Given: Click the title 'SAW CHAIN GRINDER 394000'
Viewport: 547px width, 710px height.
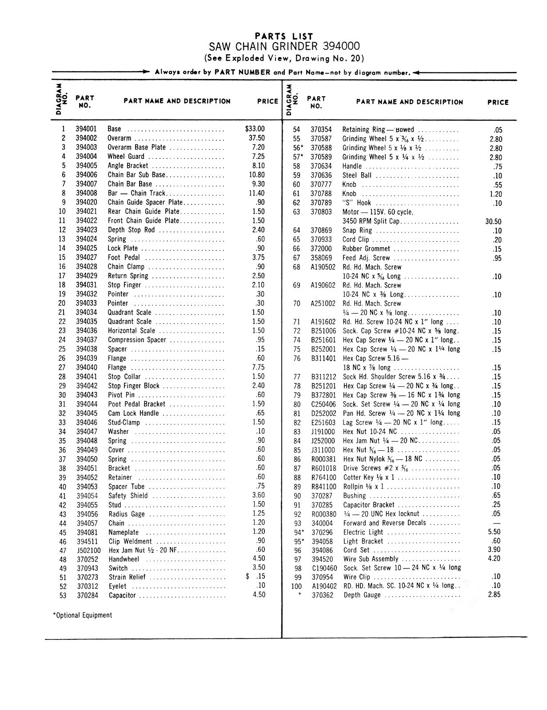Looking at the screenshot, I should tap(284, 47).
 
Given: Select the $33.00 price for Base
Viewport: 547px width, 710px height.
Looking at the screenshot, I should tap(255, 129).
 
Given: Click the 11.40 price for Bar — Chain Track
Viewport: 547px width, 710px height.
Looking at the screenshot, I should tap(257, 193).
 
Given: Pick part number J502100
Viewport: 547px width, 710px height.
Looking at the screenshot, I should tap(89, 550).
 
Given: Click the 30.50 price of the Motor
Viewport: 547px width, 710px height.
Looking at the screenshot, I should tap(493, 221).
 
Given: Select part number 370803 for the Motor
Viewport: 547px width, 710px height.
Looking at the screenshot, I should tap(321, 212).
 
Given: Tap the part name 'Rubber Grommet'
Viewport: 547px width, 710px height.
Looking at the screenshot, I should tap(366, 249).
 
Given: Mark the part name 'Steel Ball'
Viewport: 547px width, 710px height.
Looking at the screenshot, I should tap(357, 175).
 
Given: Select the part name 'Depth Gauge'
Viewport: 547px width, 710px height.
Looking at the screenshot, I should tap(362, 595).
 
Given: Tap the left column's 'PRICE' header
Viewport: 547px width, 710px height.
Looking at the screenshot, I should tap(268, 101).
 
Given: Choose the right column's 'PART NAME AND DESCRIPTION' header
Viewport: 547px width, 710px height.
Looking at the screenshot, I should tap(409, 102).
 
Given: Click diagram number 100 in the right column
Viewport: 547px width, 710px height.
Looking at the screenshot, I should tap(296, 586).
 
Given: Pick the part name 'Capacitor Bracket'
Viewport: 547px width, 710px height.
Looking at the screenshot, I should tap(369, 505).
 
